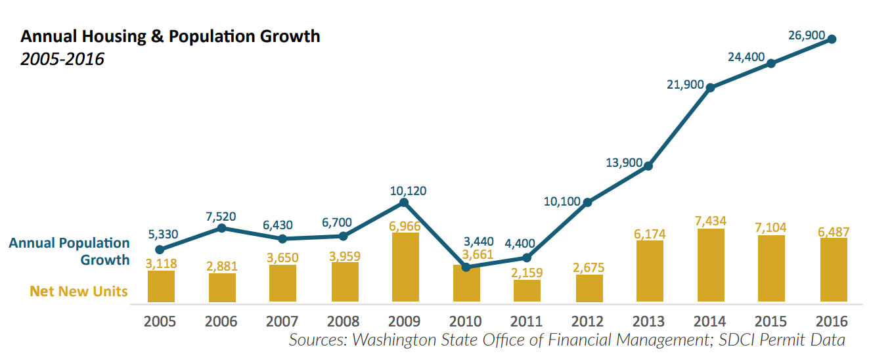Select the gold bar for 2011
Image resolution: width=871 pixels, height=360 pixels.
coord(527,291)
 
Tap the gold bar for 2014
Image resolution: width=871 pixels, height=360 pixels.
coord(710,266)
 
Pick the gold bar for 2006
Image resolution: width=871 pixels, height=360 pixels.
coord(222,288)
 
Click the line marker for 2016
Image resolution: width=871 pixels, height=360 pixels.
coord(832,39)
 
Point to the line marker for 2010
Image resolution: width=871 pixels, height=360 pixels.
coord(466,267)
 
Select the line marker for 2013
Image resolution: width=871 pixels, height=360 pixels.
coord(648,166)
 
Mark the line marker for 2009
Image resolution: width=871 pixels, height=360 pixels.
coord(405,202)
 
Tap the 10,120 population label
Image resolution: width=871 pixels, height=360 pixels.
coord(407,191)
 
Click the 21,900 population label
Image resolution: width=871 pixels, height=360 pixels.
coord(684,85)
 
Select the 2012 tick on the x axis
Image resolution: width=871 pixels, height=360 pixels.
coord(587,321)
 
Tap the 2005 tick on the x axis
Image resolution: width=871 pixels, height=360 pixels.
coord(160,321)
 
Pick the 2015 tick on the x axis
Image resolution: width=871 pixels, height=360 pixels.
coord(771,321)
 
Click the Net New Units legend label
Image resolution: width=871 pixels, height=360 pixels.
coord(79,291)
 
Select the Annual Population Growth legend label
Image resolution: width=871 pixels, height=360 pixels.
coord(70,251)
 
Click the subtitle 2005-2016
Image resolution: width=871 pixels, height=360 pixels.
coord(62,59)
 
